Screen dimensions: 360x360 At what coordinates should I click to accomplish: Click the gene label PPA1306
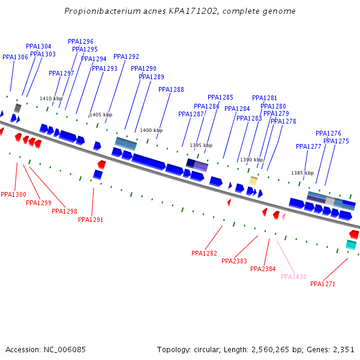pos(15,58)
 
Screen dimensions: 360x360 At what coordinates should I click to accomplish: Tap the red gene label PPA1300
pos(13,195)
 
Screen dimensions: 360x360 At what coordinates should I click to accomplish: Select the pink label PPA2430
pos(293,277)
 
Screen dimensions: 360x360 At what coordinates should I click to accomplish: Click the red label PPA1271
pos(323,284)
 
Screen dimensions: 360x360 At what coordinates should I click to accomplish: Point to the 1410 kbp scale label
pos(51,98)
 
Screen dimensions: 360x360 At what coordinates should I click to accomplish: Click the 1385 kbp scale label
pos(302,173)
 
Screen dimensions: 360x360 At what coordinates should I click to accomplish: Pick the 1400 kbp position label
pos(151,130)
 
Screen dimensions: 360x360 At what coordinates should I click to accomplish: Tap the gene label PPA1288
pos(171,90)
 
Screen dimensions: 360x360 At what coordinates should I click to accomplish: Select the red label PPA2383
pos(234,261)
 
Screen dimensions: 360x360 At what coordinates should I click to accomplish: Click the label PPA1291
pos(91,220)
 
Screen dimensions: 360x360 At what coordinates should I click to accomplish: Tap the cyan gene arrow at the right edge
pos(351,244)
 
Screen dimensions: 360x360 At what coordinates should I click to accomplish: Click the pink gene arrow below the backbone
pos(284,217)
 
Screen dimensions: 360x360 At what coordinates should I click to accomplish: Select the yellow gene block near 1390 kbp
pos(253,180)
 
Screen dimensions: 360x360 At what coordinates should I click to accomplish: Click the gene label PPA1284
pos(237,109)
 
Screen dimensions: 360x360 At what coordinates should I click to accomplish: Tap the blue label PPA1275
pos(336,142)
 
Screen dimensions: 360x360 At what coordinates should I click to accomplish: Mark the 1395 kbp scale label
pos(201,145)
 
